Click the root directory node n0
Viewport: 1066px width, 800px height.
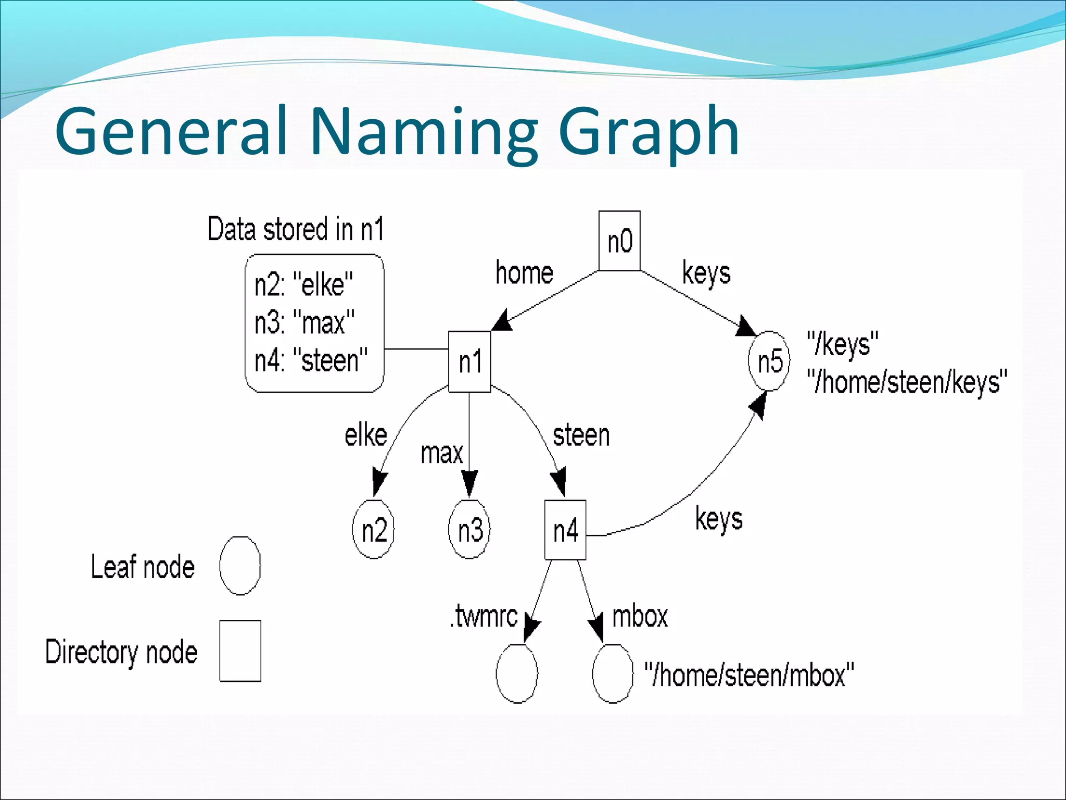pyautogui.click(x=619, y=241)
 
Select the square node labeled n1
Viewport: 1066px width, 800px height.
pyautogui.click(x=469, y=361)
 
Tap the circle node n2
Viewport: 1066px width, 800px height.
pyautogui.click(x=373, y=530)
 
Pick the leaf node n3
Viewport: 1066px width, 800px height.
pyautogui.click(x=469, y=530)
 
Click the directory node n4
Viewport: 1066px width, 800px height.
pyautogui.click(x=565, y=530)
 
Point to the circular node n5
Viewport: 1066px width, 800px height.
pyautogui.click(x=769, y=361)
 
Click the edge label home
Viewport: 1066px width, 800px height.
pyautogui.click(x=524, y=273)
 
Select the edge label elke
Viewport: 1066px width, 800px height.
pyautogui.click(x=366, y=435)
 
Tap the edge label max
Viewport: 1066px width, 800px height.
pyautogui.click(x=441, y=453)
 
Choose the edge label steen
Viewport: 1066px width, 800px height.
pyautogui.click(x=581, y=435)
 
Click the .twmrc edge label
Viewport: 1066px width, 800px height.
pyautogui.click(x=484, y=617)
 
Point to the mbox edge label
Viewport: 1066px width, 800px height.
pyautogui.click(x=640, y=617)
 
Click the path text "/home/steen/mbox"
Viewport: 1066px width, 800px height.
pyautogui.click(x=749, y=675)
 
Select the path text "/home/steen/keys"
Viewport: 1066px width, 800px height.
pyautogui.click(x=907, y=382)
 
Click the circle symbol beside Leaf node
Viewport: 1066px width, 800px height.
pyautogui.click(x=240, y=566)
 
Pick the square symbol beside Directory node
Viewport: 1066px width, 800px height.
pyautogui.click(x=240, y=651)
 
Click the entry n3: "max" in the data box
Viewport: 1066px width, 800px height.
pyautogui.click(x=304, y=322)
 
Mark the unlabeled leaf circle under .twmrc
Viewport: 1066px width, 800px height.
pyautogui.click(x=516, y=674)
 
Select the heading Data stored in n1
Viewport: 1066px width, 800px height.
pyautogui.click(x=296, y=229)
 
